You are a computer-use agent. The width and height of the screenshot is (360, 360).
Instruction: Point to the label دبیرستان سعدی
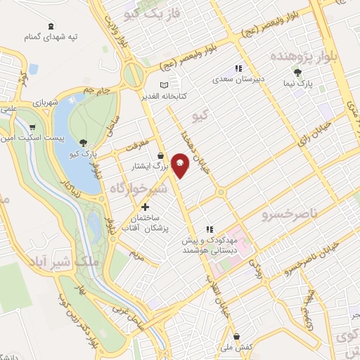point(239,80)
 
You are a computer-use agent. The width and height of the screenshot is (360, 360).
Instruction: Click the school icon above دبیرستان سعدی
point(238,69)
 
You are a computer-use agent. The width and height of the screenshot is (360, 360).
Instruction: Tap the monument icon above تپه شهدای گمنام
point(50,27)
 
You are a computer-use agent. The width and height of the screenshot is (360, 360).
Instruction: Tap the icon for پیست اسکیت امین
point(33,127)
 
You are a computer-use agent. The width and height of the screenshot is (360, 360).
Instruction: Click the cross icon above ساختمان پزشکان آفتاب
point(146,207)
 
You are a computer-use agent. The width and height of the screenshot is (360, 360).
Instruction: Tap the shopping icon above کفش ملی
point(237,336)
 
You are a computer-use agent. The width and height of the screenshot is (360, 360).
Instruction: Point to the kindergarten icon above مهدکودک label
point(208,229)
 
